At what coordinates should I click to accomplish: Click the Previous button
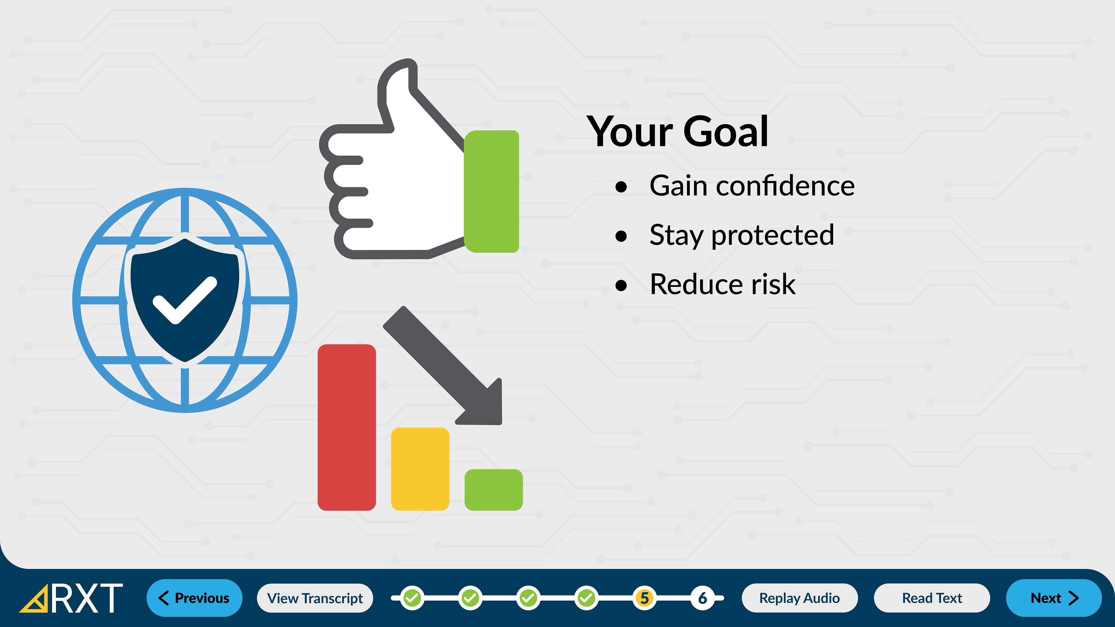[194, 598]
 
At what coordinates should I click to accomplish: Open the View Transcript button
[315, 598]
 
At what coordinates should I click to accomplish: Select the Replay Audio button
[799, 598]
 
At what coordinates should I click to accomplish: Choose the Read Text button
[932, 598]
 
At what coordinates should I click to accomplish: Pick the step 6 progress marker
[702, 598]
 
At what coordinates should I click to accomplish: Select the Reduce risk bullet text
[722, 284]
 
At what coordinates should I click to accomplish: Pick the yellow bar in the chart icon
[420, 469]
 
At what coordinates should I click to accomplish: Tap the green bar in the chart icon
[493, 490]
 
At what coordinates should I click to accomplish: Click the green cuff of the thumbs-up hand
[491, 191]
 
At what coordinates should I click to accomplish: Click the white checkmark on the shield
[185, 300]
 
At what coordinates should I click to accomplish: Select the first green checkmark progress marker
[412, 598]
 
